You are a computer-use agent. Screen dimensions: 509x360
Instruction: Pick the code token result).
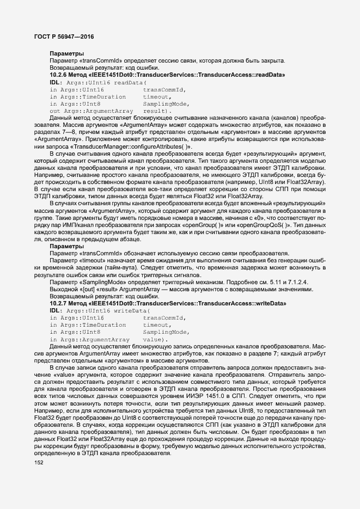tap(157, 111)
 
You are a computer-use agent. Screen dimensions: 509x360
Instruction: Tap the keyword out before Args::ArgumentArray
tap(54, 111)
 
